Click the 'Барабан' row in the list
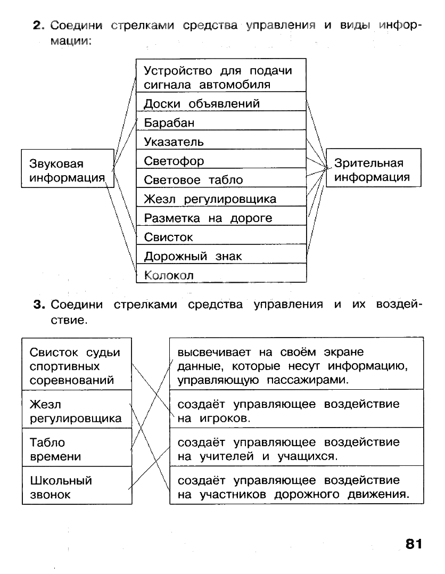click(x=221, y=123)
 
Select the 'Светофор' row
click(x=221, y=161)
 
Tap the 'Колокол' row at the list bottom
click(x=221, y=275)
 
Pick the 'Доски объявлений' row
click(x=221, y=104)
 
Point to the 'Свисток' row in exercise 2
click(x=221, y=237)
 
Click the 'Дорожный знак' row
click(x=221, y=256)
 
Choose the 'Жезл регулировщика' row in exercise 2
click(x=221, y=199)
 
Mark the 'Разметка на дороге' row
click(x=221, y=218)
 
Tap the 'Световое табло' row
click(x=221, y=180)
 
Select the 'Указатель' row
click(x=221, y=142)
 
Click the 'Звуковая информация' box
click(x=67, y=171)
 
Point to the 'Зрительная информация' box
click(x=373, y=170)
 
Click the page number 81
click(x=413, y=544)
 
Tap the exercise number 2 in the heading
click(x=37, y=25)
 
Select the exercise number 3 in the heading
click(x=37, y=305)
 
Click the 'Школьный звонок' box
click(x=77, y=487)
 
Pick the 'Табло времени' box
click(x=77, y=449)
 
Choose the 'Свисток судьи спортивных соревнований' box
click(x=77, y=366)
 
